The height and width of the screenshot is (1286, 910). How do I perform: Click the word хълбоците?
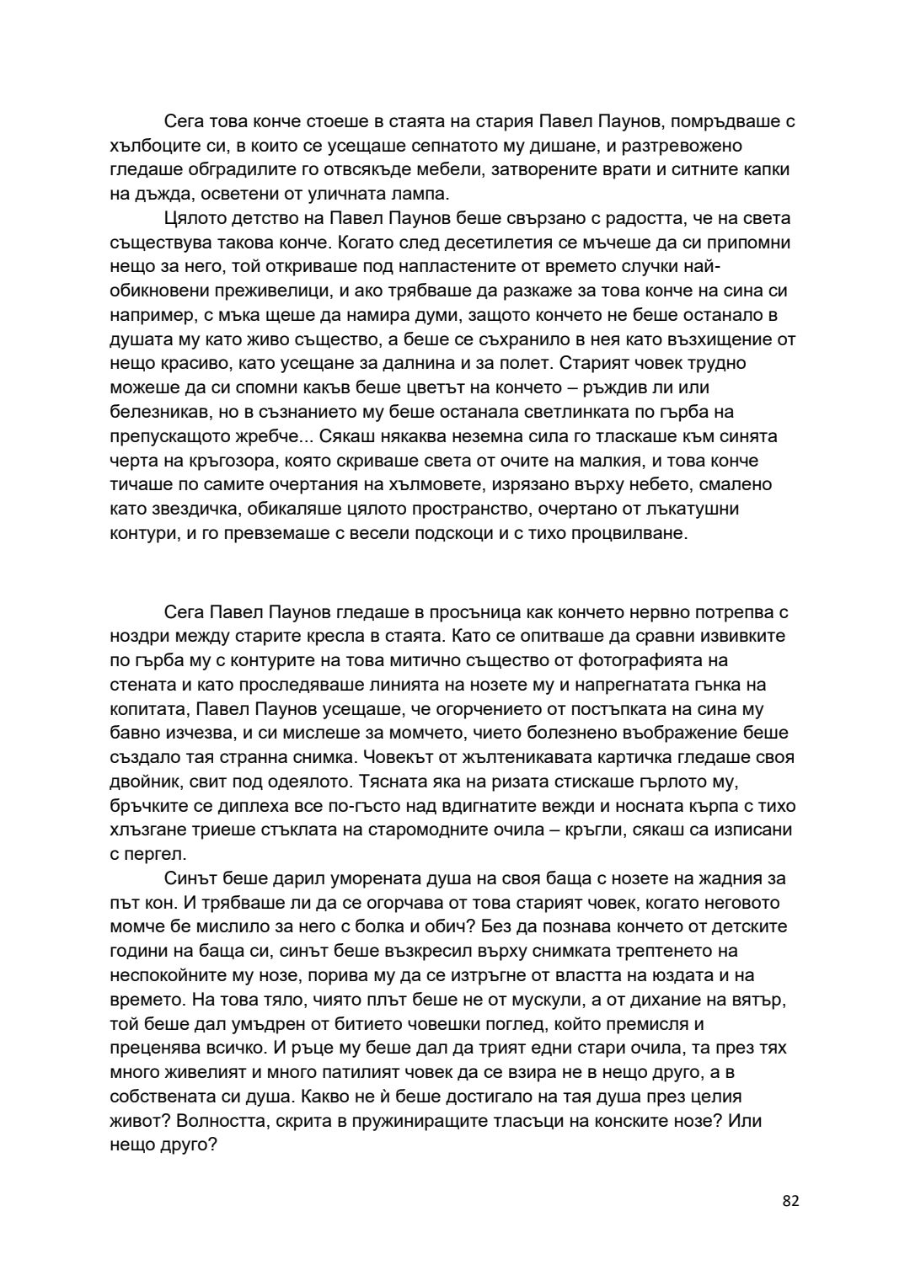[x=153, y=146]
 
